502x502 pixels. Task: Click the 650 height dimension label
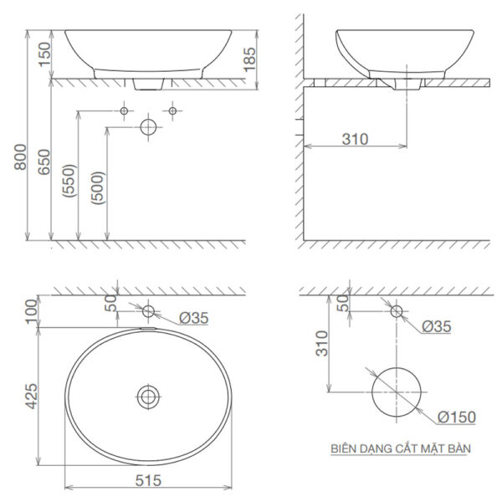click(x=43, y=161)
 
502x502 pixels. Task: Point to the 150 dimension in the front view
click(x=43, y=55)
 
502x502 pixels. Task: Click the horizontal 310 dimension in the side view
click(x=355, y=140)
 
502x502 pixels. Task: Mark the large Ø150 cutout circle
click(x=395, y=393)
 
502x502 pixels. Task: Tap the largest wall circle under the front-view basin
click(x=148, y=128)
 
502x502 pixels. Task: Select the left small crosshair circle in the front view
click(x=124, y=110)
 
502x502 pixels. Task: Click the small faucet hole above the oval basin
click(x=148, y=311)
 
